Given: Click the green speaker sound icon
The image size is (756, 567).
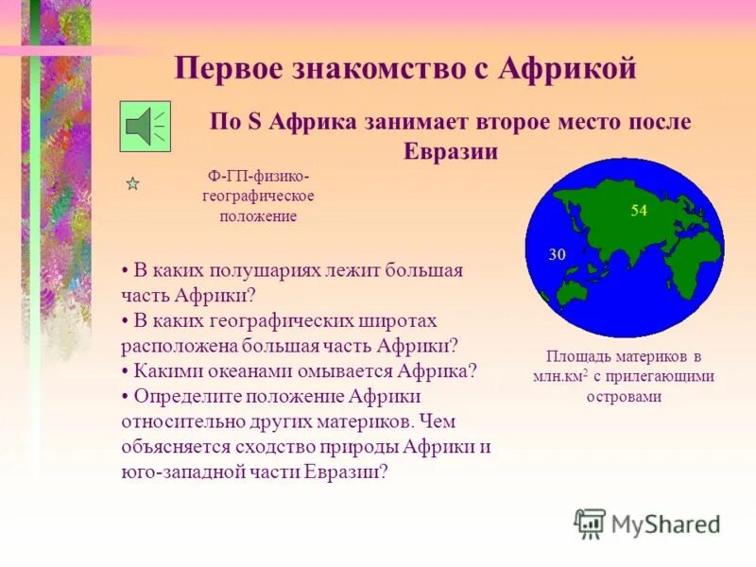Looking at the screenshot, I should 146,127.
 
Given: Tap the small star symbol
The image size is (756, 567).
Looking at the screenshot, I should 133,184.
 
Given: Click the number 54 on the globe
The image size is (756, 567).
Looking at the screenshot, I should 639,211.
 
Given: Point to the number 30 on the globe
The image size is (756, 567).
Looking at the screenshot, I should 557,254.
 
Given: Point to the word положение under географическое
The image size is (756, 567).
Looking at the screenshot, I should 258,215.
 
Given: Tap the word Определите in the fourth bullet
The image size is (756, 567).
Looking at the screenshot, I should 183,395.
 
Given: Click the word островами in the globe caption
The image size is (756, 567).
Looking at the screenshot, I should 624,396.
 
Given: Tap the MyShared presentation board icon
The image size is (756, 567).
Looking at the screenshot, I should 590,524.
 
